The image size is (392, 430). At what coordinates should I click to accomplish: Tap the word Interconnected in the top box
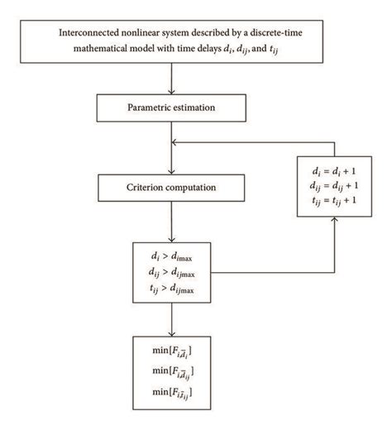click(x=93, y=33)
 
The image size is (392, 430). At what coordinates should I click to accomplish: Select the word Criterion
click(x=146, y=187)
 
